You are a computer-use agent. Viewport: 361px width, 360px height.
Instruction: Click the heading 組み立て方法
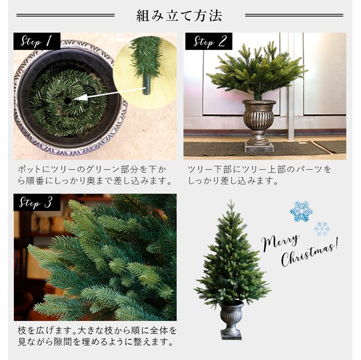click(179, 15)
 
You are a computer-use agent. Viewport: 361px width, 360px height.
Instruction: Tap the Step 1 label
click(37, 41)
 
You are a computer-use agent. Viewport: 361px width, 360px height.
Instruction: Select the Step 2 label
click(208, 41)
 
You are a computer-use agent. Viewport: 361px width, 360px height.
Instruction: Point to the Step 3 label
click(37, 202)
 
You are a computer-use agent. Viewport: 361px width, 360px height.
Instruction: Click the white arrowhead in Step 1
click(81, 97)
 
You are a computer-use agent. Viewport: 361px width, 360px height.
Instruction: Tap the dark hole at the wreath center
click(68, 100)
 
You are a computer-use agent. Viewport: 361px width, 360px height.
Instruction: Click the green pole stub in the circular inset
click(146, 84)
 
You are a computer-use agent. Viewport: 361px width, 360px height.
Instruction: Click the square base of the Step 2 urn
click(259, 147)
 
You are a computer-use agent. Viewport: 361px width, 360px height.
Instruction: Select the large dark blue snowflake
click(301, 211)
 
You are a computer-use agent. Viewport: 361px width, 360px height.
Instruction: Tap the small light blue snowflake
click(322, 229)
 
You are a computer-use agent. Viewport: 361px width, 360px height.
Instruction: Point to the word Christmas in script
click(309, 254)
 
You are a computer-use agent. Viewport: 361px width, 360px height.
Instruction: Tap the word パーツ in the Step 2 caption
click(309, 169)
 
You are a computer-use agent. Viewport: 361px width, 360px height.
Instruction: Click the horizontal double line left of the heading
click(65, 15)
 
